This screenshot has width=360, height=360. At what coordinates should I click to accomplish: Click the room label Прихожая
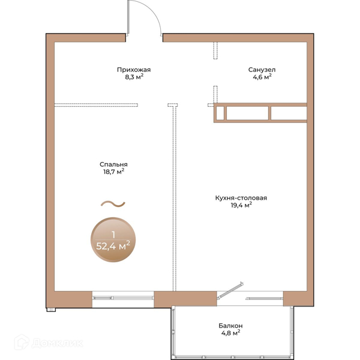pos(134,70)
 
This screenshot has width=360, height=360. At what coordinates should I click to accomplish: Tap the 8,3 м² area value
pos(134,77)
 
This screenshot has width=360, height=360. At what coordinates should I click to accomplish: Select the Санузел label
pos(262,70)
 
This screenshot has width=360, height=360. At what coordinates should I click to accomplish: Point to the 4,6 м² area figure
pos(262,77)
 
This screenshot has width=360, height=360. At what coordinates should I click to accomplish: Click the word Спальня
pos(113,164)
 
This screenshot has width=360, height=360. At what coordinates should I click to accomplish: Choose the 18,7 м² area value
pos(113,171)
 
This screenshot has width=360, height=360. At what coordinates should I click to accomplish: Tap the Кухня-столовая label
pos(241,198)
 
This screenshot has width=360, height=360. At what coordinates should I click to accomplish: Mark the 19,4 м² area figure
pos(241,205)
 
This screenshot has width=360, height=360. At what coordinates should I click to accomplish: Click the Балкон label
pos(230,326)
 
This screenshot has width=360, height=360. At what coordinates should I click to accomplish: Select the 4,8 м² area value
pos(230,332)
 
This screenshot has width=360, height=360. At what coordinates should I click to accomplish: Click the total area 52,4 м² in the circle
pos(113,246)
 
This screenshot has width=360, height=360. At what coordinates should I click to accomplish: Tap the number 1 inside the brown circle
pos(113,235)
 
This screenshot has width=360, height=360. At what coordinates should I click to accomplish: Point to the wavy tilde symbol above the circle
pos(113,203)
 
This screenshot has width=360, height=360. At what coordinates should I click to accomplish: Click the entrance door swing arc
pos(152,11)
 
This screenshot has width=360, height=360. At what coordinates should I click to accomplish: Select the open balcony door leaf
pos(230,290)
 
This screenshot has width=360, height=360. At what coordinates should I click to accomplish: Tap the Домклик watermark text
pos(57,343)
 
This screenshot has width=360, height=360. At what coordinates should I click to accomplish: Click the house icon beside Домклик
pos(22,343)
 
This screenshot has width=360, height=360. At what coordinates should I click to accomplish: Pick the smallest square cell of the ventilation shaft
pos(220,113)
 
